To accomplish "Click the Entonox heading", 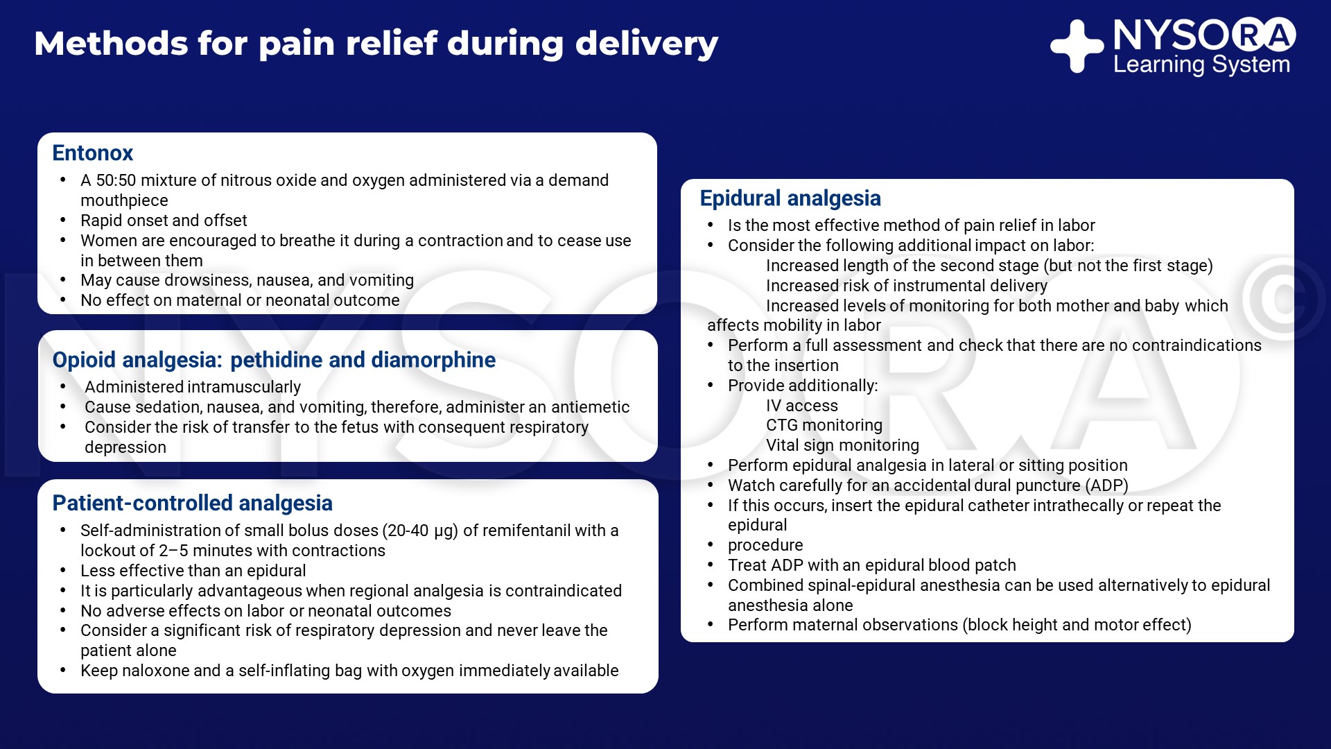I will pyautogui.click(x=92, y=153).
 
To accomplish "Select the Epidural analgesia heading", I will pyautogui.click(x=790, y=198).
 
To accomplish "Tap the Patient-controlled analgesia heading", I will pyautogui.click(x=192, y=503).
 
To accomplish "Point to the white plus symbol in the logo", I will pyautogui.click(x=1077, y=46).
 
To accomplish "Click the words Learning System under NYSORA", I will pyautogui.click(x=1201, y=64).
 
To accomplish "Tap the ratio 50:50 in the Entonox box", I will pyautogui.click(x=116, y=180).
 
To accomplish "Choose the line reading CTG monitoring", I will pyautogui.click(x=824, y=425).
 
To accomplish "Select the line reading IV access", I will pyautogui.click(x=801, y=406).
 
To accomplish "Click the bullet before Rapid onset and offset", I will pyautogui.click(x=63, y=221).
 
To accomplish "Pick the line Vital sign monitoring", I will pyautogui.click(x=842, y=445).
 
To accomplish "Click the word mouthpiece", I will pyautogui.click(x=124, y=200).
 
